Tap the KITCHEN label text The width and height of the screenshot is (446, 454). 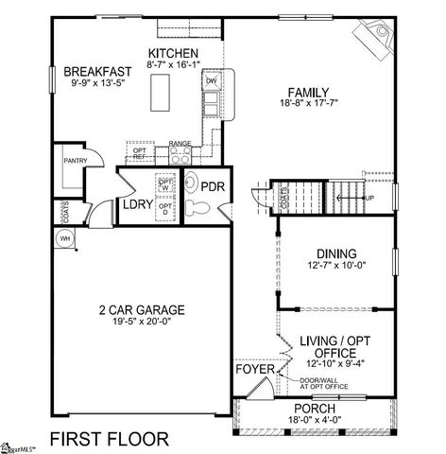(174, 52)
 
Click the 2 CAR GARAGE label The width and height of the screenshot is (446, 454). (141, 309)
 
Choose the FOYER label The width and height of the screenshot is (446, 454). (253, 371)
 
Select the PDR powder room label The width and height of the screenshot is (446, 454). (213, 187)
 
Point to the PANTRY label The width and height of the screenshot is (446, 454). (76, 161)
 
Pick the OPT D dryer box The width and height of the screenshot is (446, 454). (164, 209)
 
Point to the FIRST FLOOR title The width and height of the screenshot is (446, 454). (110, 438)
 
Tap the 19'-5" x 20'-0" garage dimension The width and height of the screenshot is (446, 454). (141, 322)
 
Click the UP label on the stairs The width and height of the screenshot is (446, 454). (369, 198)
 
